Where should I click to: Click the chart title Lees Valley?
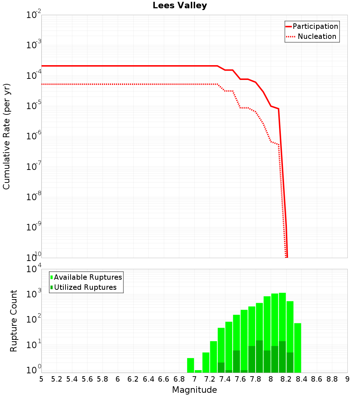(x=180, y=6)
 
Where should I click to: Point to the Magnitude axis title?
(x=194, y=390)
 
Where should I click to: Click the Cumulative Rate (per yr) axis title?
(x=7, y=136)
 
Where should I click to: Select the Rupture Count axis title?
(x=14, y=321)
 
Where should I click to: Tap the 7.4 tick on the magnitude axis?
(x=225, y=379)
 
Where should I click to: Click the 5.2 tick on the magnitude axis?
(x=57, y=379)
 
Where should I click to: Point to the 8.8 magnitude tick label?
(x=332, y=379)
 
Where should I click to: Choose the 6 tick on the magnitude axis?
(x=118, y=379)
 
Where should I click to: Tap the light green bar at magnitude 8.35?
(x=298, y=347)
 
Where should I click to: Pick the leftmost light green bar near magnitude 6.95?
(x=190, y=365)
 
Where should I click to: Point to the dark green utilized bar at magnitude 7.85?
(x=259, y=356)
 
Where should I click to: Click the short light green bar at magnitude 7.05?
(x=198, y=371)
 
